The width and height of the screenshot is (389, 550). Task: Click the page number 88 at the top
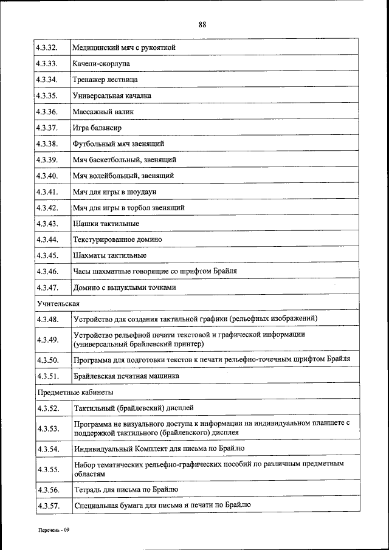[202, 25]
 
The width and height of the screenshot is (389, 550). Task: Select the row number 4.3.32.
[47, 47]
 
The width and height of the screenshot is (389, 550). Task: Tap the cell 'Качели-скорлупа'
[101, 63]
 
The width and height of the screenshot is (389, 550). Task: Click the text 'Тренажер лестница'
[105, 80]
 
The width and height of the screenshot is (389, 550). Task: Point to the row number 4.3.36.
[47, 112]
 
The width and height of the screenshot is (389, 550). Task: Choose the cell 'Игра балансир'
[97, 128]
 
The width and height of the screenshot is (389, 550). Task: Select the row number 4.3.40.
[47, 176]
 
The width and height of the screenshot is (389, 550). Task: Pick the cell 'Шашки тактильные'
[102, 224]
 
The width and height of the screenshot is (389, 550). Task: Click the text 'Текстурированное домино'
[117, 239]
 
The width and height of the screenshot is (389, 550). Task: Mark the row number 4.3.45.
[47, 255]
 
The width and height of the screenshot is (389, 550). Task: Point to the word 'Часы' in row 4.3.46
[82, 272]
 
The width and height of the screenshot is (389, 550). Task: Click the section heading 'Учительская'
[58, 303]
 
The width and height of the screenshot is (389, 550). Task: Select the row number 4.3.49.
[47, 339]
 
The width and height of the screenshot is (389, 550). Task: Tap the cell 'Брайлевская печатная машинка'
[126, 376]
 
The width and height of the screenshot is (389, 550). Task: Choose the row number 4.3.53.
[47, 428]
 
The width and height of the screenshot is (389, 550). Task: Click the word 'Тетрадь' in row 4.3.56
[87, 489]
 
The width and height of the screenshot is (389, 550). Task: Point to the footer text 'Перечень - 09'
[55, 530]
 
